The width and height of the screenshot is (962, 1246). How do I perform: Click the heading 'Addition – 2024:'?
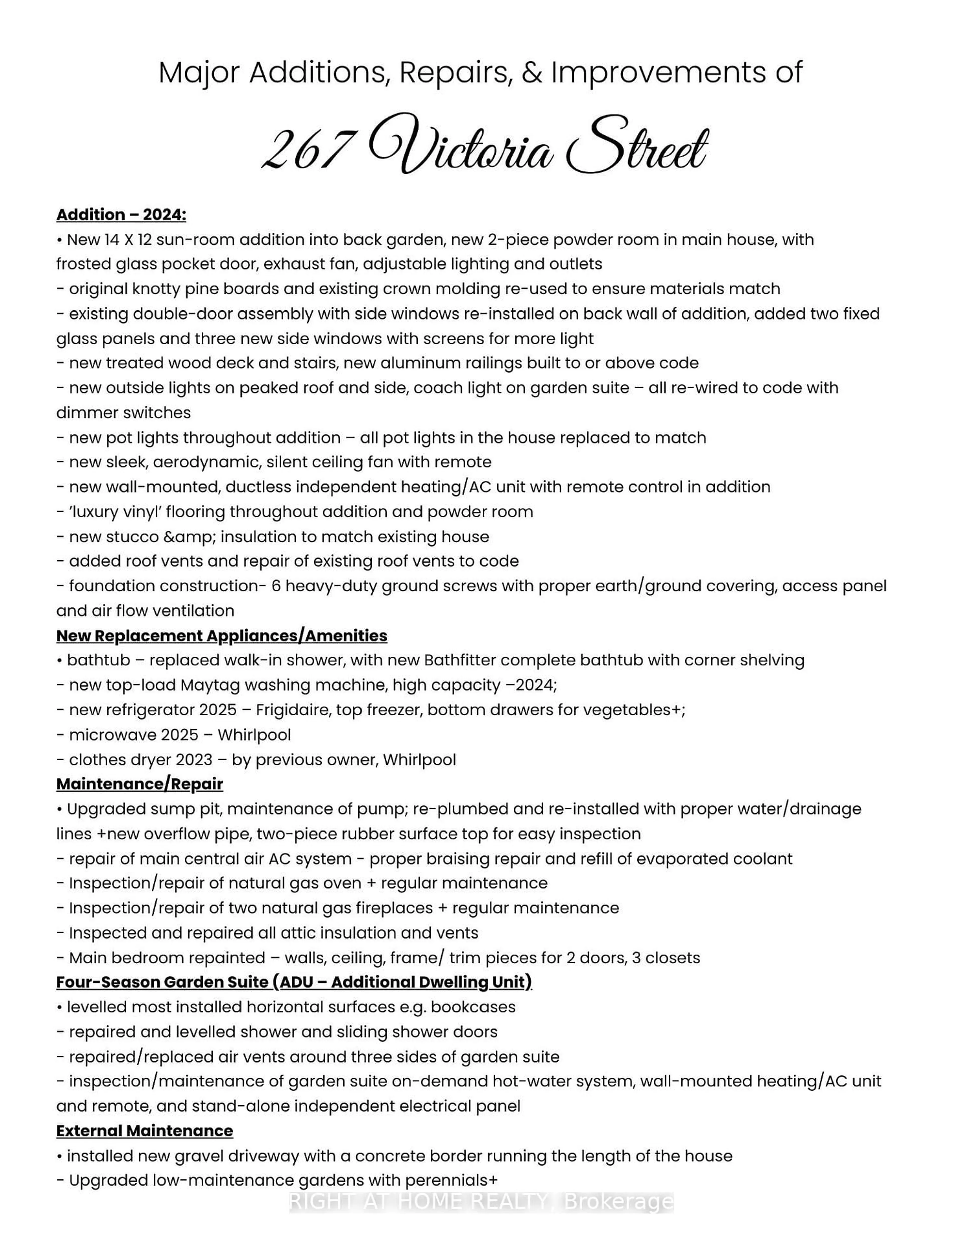[121, 215]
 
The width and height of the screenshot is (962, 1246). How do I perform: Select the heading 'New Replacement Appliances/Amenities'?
[221, 636]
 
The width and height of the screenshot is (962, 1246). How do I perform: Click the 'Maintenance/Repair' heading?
[140, 784]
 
